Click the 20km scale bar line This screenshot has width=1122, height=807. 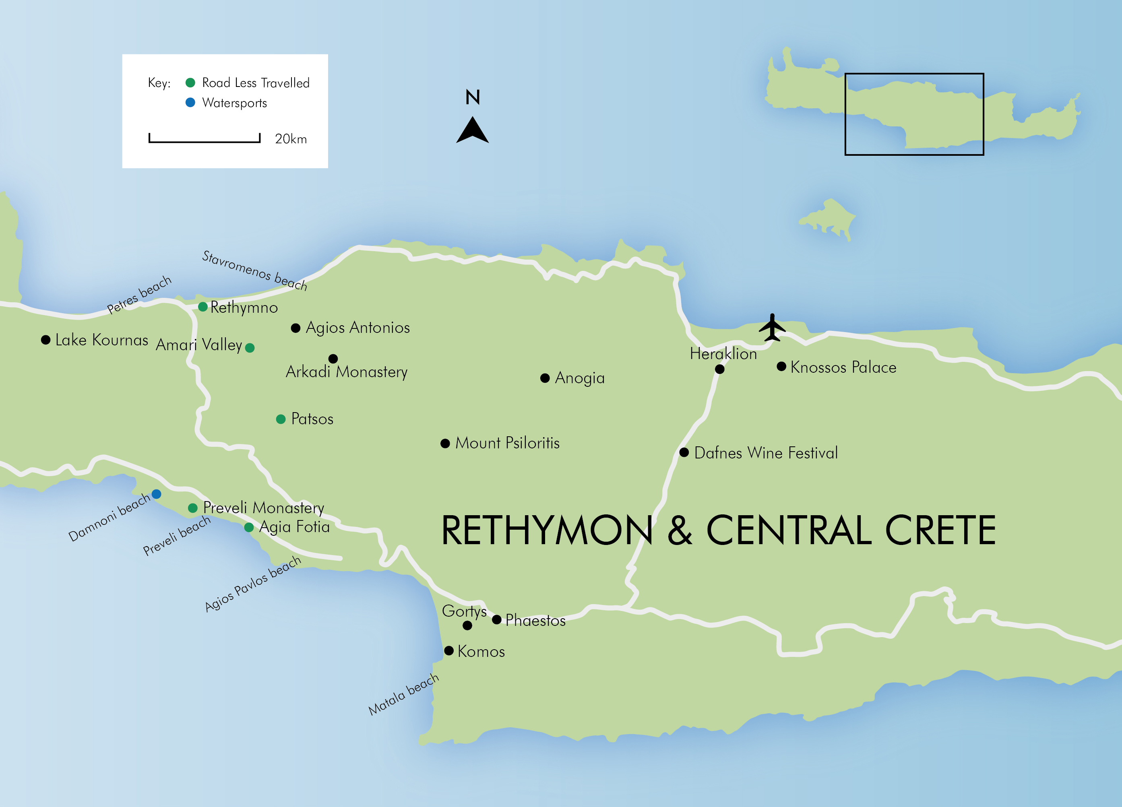pyautogui.click(x=205, y=141)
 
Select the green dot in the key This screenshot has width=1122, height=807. pyautogui.click(x=190, y=83)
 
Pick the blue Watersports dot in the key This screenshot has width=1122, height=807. pyautogui.click(x=190, y=103)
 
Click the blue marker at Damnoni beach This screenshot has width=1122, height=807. pyautogui.click(x=156, y=494)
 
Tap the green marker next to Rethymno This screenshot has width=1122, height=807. pyautogui.click(x=203, y=307)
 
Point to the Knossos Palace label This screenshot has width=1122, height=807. pyautogui.click(x=843, y=367)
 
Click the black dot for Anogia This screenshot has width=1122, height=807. pyautogui.click(x=545, y=378)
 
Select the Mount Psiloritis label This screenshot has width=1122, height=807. pyautogui.click(x=507, y=443)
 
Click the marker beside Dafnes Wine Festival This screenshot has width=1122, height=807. pyautogui.click(x=684, y=452)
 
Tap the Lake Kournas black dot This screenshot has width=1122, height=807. pyautogui.click(x=45, y=340)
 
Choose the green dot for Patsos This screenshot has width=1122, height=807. pyautogui.click(x=281, y=419)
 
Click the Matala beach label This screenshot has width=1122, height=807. pyautogui.click(x=404, y=694)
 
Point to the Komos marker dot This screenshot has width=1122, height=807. pyautogui.click(x=449, y=651)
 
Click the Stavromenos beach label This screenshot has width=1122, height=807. pyautogui.click(x=254, y=270)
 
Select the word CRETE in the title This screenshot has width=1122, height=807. pyautogui.click(x=940, y=530)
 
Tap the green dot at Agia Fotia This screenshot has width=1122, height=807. pyautogui.click(x=249, y=528)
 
